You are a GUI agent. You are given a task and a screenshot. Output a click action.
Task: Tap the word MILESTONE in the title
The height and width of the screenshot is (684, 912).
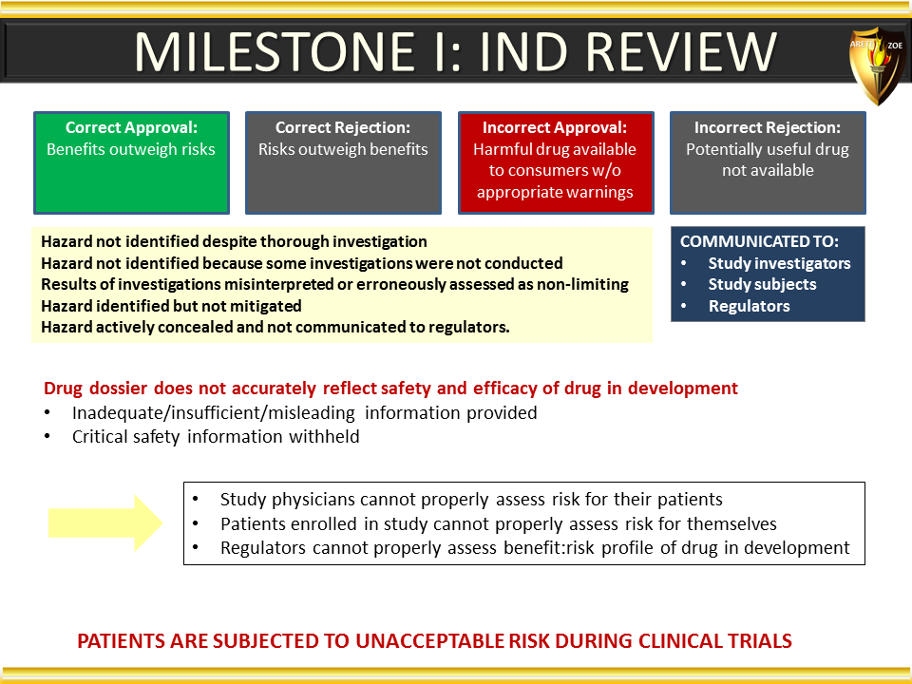point(275,52)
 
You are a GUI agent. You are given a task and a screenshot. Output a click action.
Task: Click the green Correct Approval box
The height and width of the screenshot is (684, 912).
point(131,162)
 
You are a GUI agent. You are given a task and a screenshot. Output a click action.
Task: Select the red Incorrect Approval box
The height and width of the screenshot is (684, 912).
point(556,162)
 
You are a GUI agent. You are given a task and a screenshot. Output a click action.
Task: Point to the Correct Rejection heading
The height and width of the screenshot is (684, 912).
point(343,127)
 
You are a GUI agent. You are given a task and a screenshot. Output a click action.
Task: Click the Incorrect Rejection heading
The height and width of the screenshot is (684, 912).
point(768,127)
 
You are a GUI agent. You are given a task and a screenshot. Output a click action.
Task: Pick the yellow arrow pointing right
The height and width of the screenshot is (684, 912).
point(105,522)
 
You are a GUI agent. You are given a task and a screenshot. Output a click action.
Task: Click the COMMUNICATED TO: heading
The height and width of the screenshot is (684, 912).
point(759,241)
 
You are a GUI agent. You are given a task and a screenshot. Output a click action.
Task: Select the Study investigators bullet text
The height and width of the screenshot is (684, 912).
point(779,263)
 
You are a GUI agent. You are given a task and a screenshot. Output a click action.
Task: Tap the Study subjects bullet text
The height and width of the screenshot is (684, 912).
point(762,284)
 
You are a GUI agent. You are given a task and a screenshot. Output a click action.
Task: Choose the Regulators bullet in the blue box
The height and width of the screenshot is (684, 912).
point(750,306)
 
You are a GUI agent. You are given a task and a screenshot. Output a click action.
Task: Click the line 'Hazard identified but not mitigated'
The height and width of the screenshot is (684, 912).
point(171,306)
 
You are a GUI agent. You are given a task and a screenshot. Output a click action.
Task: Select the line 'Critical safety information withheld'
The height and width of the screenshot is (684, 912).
point(216,436)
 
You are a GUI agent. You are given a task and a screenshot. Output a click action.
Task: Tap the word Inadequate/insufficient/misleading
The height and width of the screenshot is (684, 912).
point(214,413)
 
